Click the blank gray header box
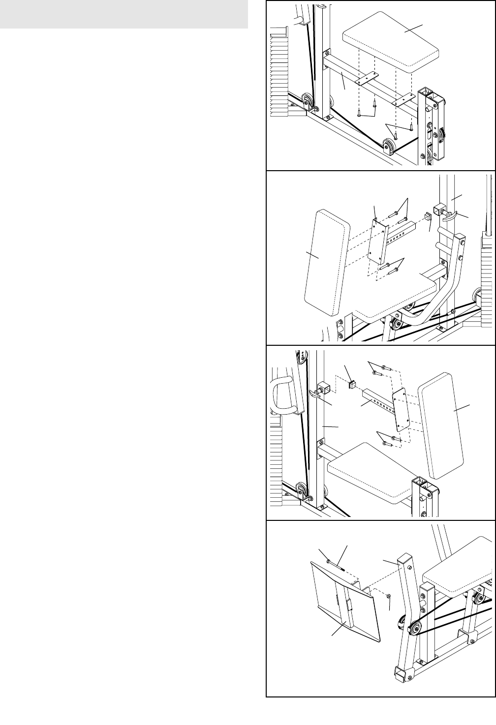pyautogui.click(x=124, y=14)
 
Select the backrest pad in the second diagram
pyautogui.click(x=325, y=268)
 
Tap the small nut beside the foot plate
pyautogui.click(x=388, y=597)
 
